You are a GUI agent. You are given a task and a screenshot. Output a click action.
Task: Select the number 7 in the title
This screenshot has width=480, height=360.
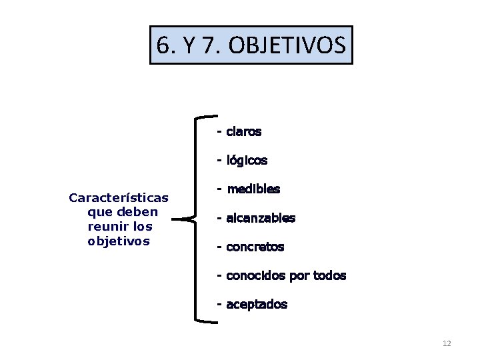(x=212, y=45)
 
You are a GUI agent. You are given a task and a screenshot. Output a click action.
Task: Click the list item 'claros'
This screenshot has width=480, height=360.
(x=243, y=131)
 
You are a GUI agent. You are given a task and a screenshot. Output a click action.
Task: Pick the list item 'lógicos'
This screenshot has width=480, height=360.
(x=247, y=161)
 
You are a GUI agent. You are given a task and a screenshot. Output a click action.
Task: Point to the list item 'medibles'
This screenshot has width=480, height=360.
(x=253, y=189)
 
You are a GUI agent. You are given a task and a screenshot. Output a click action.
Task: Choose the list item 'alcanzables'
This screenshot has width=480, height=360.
(x=261, y=218)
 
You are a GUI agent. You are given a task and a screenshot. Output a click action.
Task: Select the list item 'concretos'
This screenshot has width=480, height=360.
(x=255, y=247)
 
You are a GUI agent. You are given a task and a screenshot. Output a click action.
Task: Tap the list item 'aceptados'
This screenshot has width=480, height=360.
(x=257, y=305)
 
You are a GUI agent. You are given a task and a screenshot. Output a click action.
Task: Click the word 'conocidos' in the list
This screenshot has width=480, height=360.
(x=256, y=276)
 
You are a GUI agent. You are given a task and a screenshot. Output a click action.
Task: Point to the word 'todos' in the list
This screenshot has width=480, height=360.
(x=330, y=276)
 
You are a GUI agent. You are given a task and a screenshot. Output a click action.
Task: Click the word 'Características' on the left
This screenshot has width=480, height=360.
(x=119, y=197)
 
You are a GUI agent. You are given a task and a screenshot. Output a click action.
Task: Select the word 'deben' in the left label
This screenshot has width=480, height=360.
(x=139, y=212)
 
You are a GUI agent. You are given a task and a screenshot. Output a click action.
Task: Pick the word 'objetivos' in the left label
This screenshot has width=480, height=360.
(x=119, y=241)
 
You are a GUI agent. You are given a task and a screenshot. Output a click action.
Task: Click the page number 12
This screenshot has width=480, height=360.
(x=447, y=343)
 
